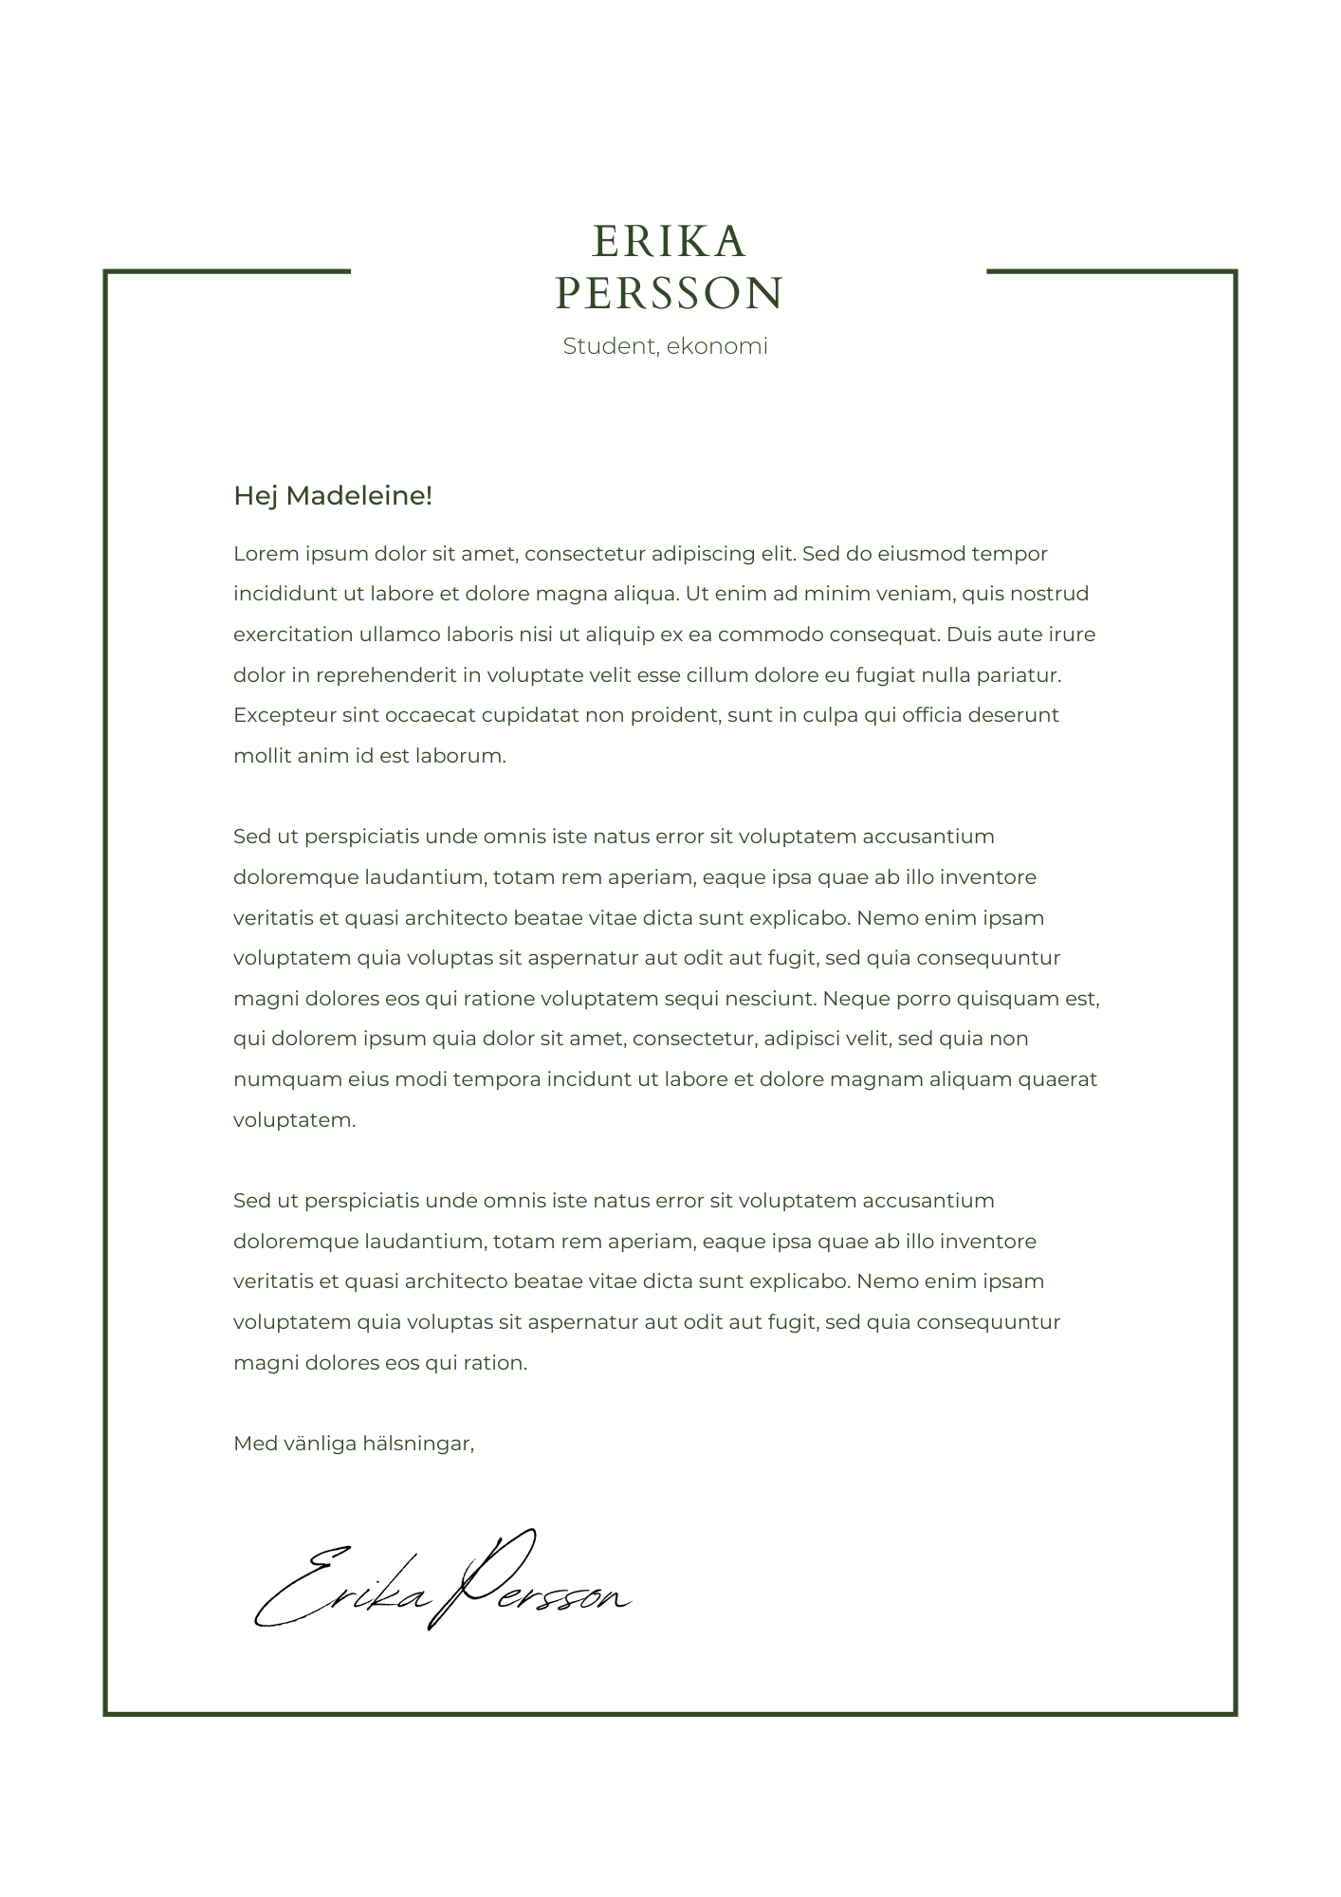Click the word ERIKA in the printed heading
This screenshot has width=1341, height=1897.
pyautogui.click(x=670, y=242)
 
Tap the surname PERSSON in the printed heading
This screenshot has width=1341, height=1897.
pyautogui.click(x=670, y=293)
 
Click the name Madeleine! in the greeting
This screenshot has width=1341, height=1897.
pyautogui.click(x=358, y=495)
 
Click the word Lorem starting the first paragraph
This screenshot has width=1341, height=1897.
pyautogui.click(x=260, y=554)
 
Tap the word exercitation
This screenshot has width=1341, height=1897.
pyautogui.click(x=287, y=635)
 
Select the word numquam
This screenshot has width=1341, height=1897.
pyautogui.click(x=274, y=1079)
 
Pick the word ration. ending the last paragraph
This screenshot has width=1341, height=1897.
pyautogui.click(x=495, y=1363)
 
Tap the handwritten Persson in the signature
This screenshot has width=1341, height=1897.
pyautogui.click(x=536, y=1584)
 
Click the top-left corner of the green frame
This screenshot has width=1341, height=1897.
pyautogui.click(x=106, y=272)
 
